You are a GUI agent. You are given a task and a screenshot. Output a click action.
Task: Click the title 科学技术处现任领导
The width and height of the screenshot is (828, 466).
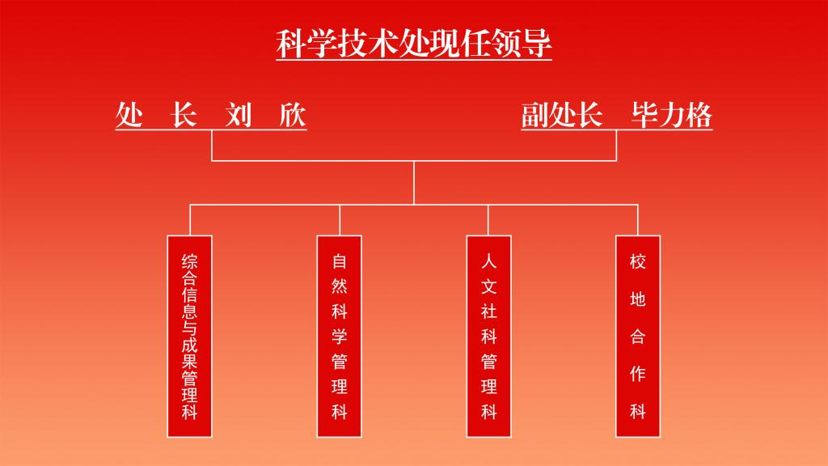414,43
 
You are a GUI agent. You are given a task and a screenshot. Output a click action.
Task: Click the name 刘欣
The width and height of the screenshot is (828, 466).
265,115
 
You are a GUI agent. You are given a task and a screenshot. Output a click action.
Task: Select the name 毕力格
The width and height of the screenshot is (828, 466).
671,115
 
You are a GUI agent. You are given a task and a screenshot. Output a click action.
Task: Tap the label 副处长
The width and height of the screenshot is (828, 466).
562,115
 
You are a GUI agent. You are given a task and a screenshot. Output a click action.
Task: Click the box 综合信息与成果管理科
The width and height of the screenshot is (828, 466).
190,336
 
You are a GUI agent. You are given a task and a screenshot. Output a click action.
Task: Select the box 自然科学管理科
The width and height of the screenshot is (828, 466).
340,336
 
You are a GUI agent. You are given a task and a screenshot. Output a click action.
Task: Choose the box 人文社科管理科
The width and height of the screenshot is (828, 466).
488,336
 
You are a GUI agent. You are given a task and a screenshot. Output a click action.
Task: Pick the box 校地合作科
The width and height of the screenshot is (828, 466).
638,336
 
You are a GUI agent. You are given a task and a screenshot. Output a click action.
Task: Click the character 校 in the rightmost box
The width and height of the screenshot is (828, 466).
638,262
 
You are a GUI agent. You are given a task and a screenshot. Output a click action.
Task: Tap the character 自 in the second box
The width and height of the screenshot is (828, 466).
340,262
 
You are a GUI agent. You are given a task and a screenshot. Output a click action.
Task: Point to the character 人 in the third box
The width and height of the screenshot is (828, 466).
488,262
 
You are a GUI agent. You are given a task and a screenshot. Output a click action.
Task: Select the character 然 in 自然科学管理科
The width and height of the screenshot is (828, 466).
340,287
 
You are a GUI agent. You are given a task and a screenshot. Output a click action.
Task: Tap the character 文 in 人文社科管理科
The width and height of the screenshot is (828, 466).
488,287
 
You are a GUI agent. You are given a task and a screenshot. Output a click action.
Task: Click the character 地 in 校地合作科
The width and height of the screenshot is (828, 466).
638,299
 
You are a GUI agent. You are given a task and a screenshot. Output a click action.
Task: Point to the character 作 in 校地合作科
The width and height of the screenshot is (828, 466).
638,374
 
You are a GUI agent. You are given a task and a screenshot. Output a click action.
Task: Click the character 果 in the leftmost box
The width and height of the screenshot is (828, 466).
190,361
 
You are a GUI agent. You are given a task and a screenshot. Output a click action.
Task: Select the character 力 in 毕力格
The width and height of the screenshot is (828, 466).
671,115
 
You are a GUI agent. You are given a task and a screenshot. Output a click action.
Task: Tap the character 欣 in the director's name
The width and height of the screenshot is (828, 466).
293,115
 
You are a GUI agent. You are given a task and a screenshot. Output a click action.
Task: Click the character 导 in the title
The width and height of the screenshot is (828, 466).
537,43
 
